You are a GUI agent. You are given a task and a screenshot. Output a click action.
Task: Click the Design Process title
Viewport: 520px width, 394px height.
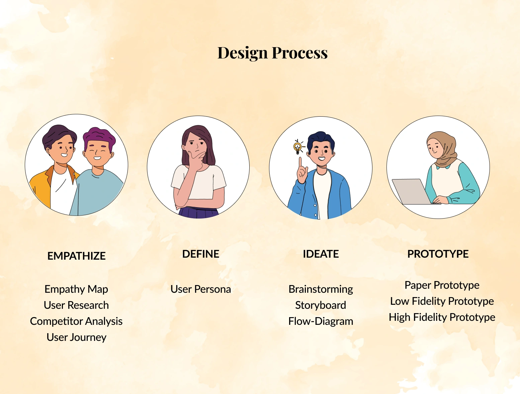click(272, 53)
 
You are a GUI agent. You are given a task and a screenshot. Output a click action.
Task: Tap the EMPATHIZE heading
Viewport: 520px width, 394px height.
click(76, 256)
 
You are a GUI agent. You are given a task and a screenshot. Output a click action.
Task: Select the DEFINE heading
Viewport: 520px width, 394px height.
click(201, 254)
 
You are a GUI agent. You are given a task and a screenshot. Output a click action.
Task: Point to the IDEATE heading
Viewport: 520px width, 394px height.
click(321, 254)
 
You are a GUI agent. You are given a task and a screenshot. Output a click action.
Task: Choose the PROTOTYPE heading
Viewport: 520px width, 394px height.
click(438, 254)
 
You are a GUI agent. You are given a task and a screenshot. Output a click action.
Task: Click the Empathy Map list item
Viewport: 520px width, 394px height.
click(76, 289)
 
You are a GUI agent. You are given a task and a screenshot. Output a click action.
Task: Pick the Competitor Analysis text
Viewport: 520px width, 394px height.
click(76, 321)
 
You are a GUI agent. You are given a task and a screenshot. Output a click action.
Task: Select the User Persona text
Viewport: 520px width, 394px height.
click(201, 289)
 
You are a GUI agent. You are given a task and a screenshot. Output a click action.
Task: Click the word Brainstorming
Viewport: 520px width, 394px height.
click(321, 289)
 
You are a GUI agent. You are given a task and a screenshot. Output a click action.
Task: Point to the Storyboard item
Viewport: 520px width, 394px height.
click(321, 305)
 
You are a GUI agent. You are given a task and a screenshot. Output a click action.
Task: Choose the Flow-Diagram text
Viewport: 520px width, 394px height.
click(321, 321)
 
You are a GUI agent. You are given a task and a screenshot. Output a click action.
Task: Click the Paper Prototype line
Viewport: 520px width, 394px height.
click(442, 285)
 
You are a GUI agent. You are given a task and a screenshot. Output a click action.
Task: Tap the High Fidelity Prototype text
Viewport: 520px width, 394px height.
click(442, 317)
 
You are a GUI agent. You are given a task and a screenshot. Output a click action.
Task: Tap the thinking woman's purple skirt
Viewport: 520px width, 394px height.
click(198, 212)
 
